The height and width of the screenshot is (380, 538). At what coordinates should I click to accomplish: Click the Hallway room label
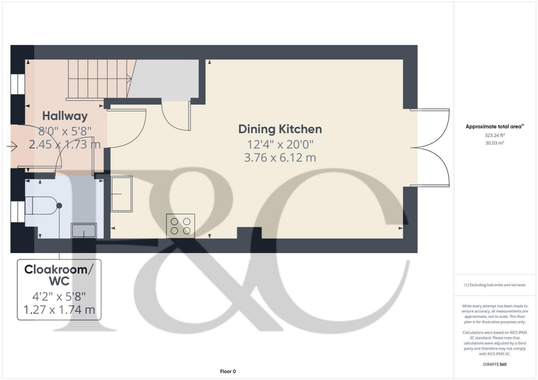pos(65,116)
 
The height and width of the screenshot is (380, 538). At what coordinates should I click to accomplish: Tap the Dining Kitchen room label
pos(280,129)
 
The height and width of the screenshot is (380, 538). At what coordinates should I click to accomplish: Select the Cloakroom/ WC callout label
pos(59,276)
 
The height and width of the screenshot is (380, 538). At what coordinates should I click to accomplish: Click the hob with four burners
pos(180,226)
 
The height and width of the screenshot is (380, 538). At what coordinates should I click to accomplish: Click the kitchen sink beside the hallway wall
pos(121,194)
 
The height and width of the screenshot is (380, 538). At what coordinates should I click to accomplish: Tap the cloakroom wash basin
pos(84,230)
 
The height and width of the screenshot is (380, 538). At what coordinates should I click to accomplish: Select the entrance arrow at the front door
pos(12,147)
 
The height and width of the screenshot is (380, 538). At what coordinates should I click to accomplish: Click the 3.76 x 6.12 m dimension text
pos(280,157)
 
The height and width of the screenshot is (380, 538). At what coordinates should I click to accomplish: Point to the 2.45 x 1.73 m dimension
pos(65,144)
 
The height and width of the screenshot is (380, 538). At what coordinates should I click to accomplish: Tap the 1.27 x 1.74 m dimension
pos(59,310)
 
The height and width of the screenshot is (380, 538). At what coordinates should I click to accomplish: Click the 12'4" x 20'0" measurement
pos(280,144)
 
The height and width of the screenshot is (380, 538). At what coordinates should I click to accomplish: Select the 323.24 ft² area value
pos(494,135)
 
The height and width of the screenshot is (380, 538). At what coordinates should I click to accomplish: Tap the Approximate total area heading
pos(494,126)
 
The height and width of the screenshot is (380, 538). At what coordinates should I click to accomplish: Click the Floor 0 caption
pos(227,371)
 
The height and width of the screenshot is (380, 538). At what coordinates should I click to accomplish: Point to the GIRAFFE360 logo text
pos(494,364)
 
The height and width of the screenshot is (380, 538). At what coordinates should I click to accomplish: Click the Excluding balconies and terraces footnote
pos(494,285)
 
